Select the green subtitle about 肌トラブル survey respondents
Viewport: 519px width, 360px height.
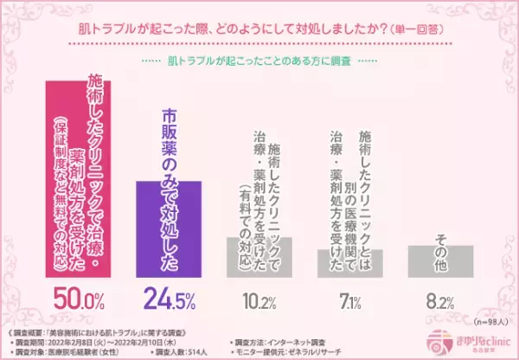tap(259, 62)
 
